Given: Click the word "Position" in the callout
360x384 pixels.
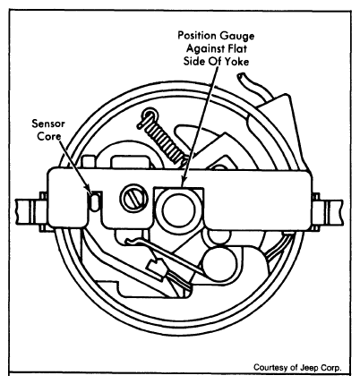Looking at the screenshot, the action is (197, 36).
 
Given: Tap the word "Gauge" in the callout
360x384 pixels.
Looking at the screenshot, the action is (237, 37).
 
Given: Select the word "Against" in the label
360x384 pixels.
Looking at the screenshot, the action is (204, 48).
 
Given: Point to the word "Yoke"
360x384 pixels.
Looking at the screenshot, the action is (236, 62).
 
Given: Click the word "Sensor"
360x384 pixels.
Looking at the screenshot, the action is (48, 124).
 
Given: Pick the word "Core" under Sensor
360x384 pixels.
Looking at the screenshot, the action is (48, 136).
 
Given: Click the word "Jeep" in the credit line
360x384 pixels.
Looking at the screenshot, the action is (308, 368).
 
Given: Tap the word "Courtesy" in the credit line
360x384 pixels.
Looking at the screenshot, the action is (267, 368).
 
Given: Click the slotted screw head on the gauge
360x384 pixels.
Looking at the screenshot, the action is (134, 199).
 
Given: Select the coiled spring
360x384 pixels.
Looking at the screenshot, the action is (161, 134).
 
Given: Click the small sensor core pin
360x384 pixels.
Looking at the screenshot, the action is (95, 201).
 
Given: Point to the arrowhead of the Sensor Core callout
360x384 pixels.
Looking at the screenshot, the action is (90, 192).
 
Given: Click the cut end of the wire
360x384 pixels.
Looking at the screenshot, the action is (240, 77).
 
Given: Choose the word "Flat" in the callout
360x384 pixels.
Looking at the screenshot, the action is (237, 48).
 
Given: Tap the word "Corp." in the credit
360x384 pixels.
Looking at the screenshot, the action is (330, 368).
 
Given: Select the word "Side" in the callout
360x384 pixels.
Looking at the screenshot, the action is (193, 62).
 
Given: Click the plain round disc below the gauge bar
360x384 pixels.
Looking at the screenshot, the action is (219, 264).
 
